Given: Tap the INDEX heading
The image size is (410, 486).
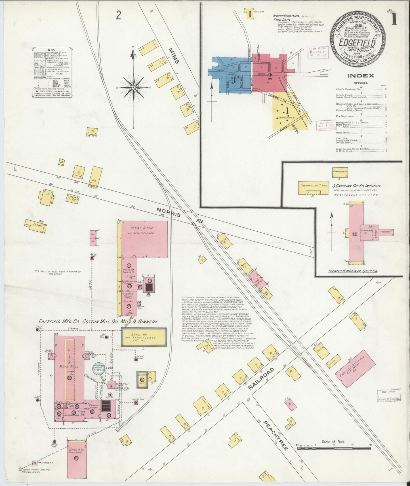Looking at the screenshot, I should coord(361,76).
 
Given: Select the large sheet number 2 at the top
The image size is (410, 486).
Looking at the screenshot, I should coord(119,15).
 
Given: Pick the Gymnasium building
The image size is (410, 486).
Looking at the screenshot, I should coord(340,172).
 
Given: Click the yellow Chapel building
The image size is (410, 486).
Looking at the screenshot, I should coord(35,226).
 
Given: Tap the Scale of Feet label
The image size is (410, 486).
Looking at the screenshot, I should coord(333,442).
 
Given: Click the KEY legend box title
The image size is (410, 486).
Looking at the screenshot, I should coord(52,50).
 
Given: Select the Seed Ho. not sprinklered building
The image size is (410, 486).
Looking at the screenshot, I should coord(144,337).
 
